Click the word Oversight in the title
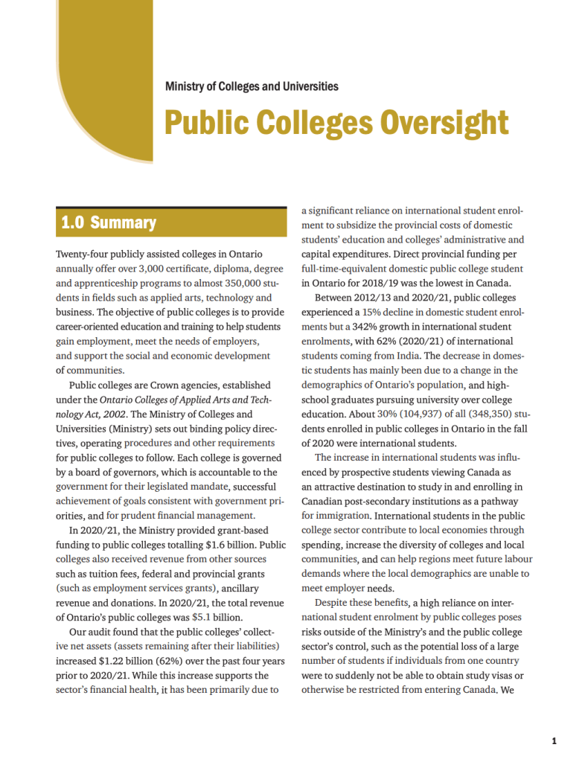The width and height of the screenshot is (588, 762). (444, 122)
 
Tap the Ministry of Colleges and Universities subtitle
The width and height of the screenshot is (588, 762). (252, 86)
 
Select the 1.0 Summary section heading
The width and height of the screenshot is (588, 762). (109, 222)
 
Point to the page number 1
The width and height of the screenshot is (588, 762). (555, 740)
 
